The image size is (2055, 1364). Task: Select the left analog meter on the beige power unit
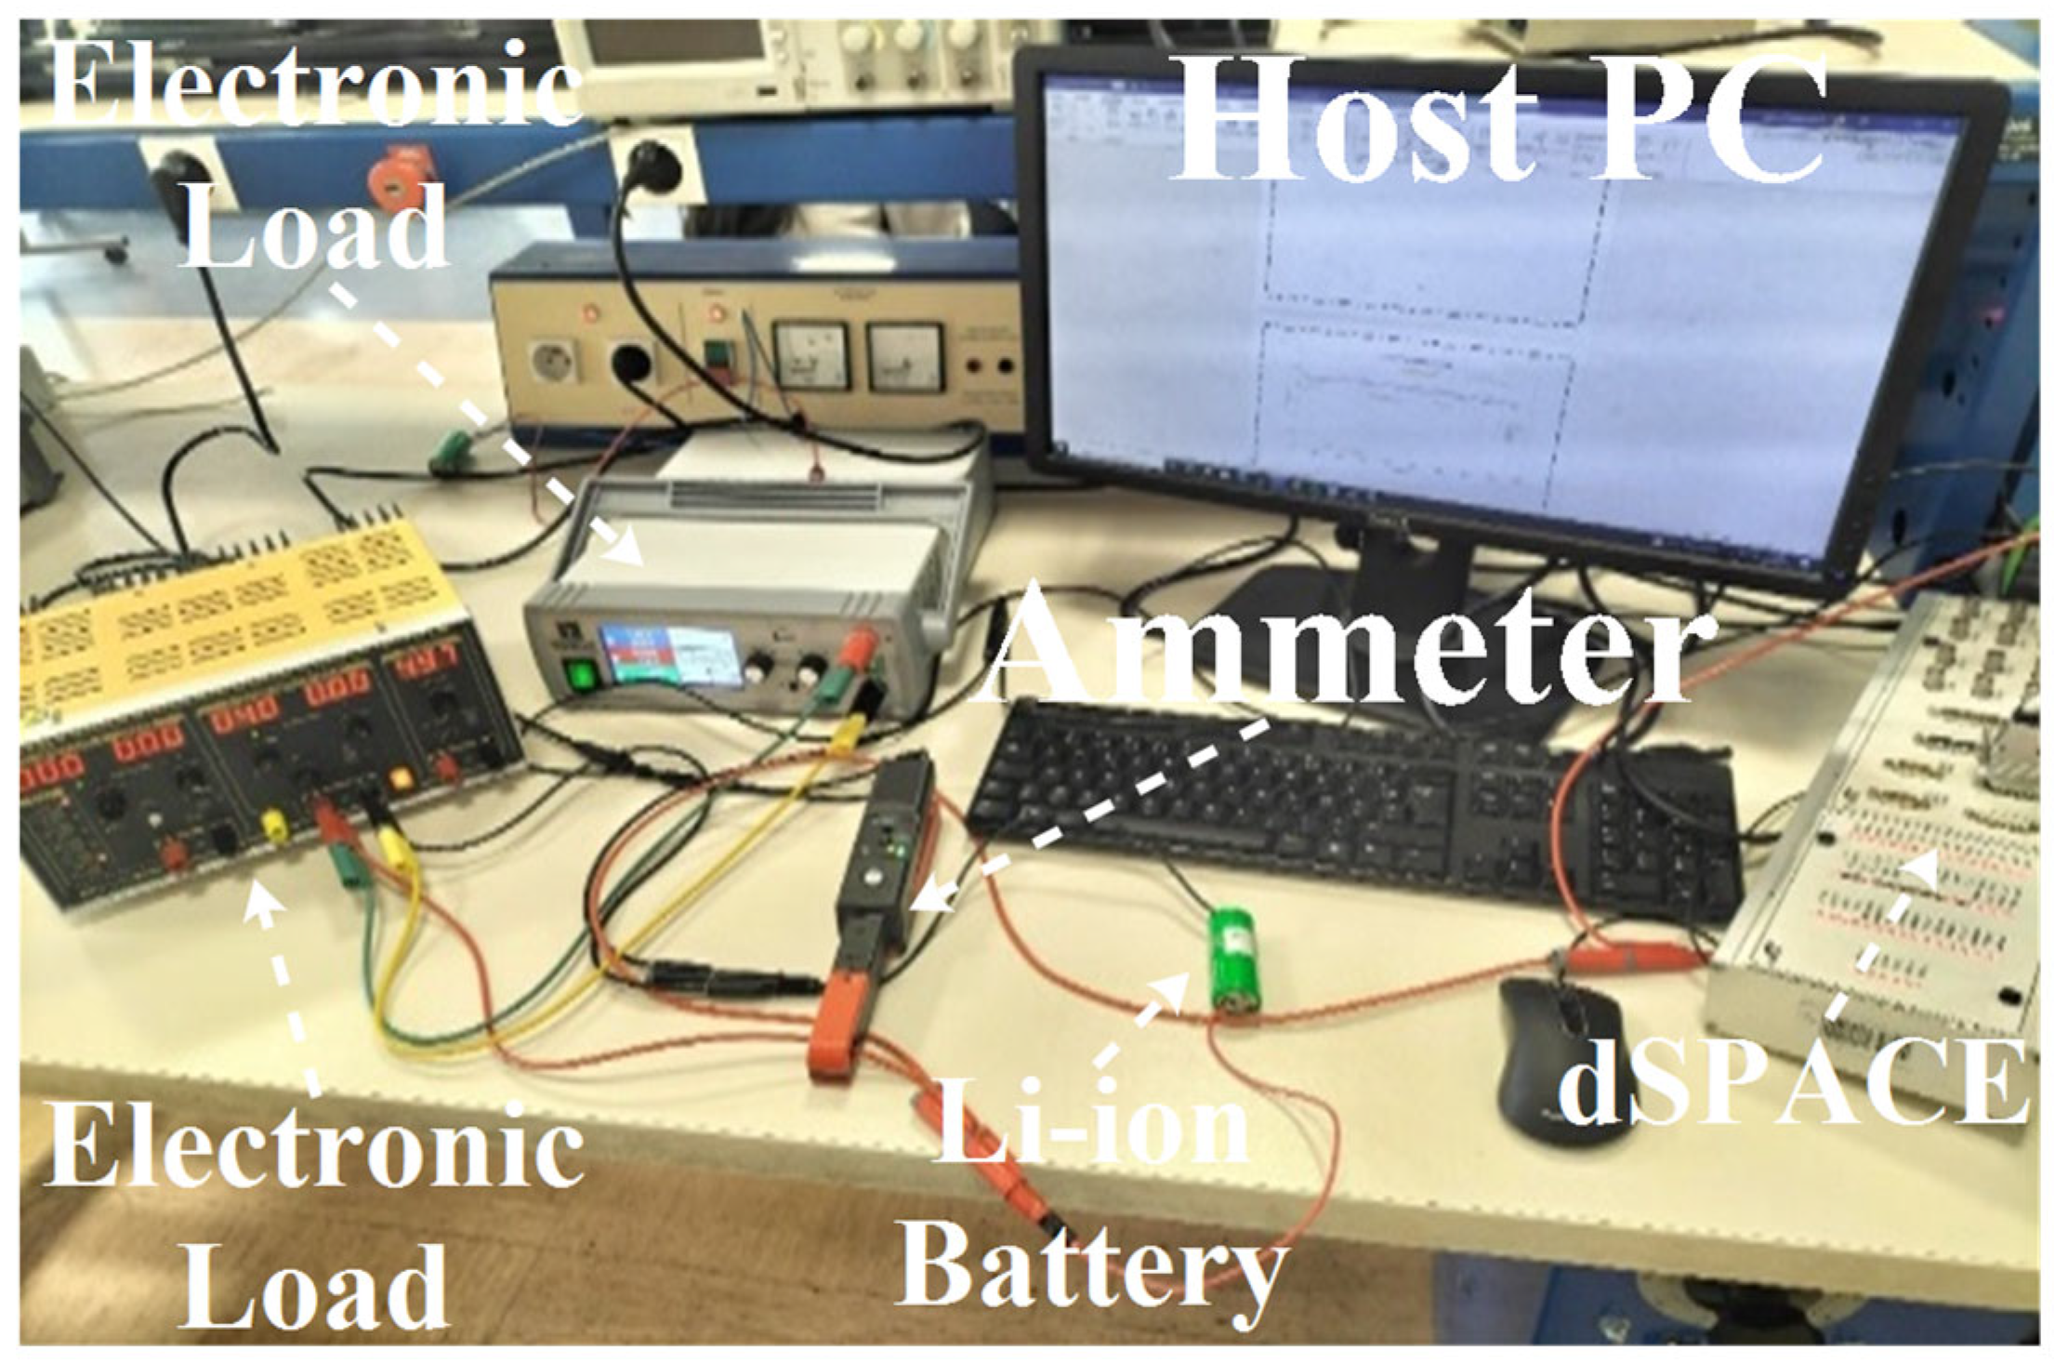[x=810, y=354]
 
